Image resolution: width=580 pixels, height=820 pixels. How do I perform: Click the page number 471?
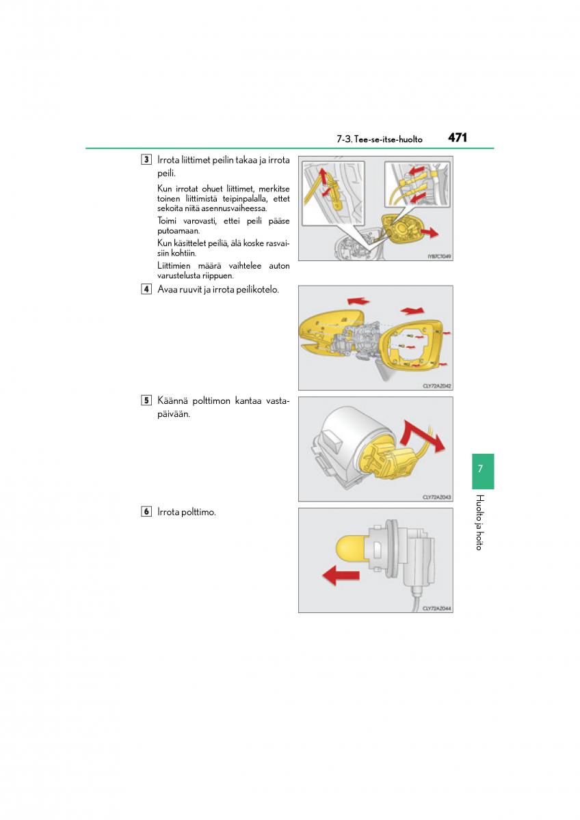[x=458, y=137]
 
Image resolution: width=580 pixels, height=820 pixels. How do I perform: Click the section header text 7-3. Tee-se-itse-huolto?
[x=379, y=139]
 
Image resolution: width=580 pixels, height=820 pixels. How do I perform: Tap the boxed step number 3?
[x=146, y=160]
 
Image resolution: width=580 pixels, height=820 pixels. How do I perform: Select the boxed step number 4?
[x=146, y=289]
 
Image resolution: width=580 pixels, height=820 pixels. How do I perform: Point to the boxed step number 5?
[x=146, y=400]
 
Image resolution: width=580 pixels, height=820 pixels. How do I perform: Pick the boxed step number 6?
[x=146, y=511]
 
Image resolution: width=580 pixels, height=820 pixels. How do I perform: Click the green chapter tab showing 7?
[x=482, y=470]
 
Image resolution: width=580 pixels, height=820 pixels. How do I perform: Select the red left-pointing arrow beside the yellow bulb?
[x=340, y=576]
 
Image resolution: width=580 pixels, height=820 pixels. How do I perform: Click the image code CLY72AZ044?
[x=436, y=607]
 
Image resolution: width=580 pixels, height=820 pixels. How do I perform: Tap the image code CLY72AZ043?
[x=436, y=497]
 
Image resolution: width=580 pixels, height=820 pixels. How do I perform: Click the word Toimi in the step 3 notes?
[x=168, y=220]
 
